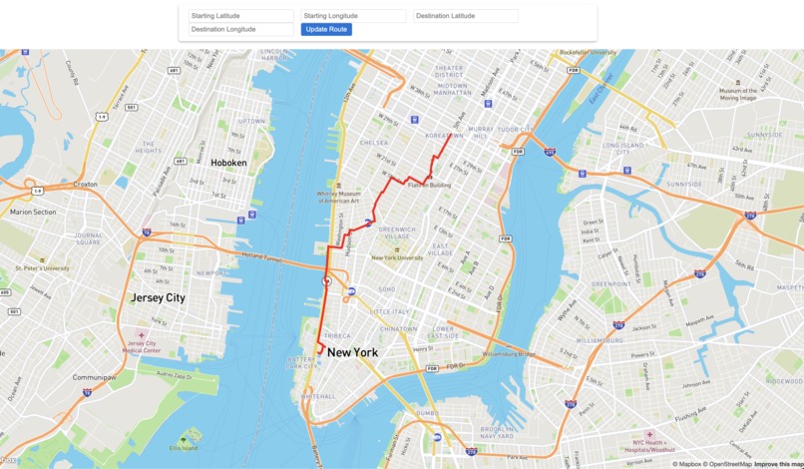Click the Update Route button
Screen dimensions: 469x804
326,30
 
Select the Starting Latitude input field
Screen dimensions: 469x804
241,16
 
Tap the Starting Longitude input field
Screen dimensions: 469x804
354,16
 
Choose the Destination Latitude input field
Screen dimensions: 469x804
466,16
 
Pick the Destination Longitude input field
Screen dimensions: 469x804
241,30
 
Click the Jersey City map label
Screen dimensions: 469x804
158,298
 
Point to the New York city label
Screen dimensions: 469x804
352,352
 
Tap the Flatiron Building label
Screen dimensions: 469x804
429,186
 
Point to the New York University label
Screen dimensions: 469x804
398,258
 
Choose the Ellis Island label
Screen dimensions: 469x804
184,445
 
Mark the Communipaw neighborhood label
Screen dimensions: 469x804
98,378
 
